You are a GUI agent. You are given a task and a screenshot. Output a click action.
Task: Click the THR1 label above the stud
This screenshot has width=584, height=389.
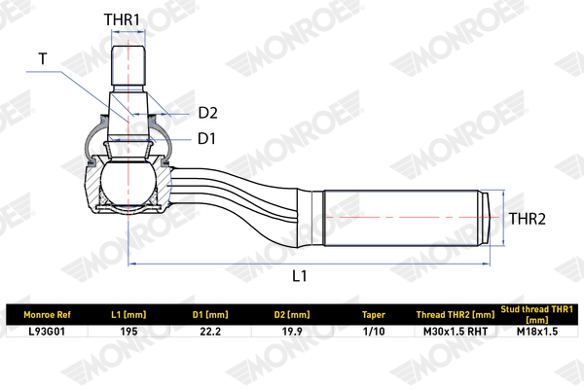pos(122,19)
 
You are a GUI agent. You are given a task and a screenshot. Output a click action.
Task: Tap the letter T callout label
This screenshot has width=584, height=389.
pos(43,58)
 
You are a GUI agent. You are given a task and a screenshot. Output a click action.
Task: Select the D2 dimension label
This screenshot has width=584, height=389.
pos(208,113)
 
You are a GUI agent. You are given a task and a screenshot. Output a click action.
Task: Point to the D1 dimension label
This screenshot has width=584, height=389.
pos(206,138)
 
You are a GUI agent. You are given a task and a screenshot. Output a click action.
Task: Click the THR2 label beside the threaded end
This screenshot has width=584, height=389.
pos(527,219)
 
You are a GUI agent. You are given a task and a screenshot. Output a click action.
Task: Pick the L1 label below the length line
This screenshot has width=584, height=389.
pos(299,276)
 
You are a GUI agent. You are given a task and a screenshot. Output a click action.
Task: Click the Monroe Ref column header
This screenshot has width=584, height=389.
pos(47,315)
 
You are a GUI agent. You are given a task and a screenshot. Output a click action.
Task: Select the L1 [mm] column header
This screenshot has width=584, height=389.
pos(128,315)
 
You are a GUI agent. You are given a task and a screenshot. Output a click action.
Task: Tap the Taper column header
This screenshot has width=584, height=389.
pos(374,315)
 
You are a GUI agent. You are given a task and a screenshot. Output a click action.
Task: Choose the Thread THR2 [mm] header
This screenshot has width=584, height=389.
pos(456,315)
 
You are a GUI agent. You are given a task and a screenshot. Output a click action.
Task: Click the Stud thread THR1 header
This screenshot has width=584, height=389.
pos(536,314)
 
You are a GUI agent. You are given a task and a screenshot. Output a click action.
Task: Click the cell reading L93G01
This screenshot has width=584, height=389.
pos(47,332)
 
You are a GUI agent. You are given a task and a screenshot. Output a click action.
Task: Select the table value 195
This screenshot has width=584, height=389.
pos(128,332)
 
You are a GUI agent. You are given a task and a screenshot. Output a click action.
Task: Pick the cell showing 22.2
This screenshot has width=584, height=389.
pos(210,332)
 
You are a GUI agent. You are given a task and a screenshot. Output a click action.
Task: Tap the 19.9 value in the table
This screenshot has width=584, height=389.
pos(292,332)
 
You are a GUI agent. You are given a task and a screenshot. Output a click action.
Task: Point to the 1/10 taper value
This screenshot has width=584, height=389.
pos(374,332)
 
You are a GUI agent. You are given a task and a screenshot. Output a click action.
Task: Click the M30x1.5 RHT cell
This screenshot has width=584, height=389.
pos(456,332)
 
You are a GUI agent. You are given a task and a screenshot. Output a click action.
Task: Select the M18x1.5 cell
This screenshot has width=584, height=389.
pos(537,332)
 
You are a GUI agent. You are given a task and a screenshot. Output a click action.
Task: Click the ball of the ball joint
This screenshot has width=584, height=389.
pos(128,184)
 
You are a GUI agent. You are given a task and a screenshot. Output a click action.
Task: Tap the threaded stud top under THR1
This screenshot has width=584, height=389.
pos(128,65)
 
